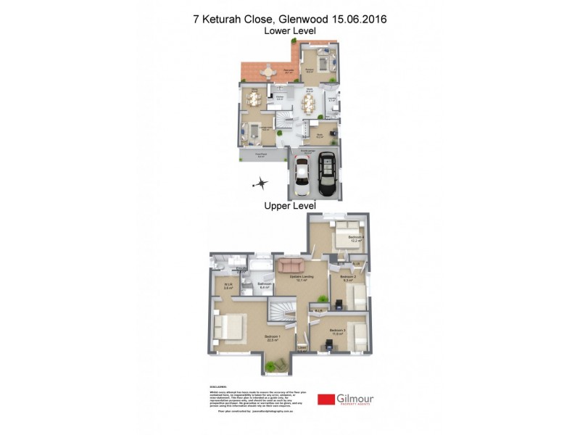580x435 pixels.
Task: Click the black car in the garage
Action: (x=326, y=173)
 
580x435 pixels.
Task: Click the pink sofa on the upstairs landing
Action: (x=292, y=265)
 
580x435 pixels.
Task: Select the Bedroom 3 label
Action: (x=336, y=331)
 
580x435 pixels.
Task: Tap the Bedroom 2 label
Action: (x=349, y=277)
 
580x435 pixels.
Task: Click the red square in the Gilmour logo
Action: (x=326, y=399)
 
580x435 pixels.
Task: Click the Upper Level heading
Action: (x=290, y=206)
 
